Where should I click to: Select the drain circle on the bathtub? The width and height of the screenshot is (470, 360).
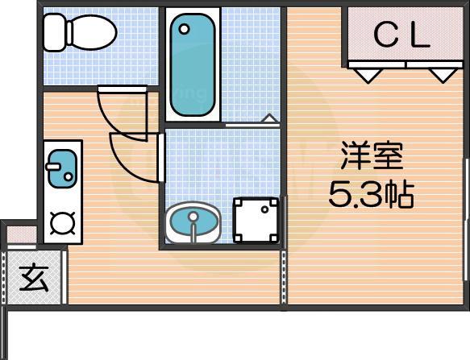point(185,29)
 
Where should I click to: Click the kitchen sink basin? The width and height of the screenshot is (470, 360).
point(61,169)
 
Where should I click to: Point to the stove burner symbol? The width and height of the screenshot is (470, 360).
point(61,221)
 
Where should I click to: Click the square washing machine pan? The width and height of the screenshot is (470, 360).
point(257,219)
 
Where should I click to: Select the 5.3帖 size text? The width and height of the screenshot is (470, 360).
point(371,194)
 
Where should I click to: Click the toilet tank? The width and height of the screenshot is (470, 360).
point(53,32)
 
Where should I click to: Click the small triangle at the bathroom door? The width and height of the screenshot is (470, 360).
point(269,120)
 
